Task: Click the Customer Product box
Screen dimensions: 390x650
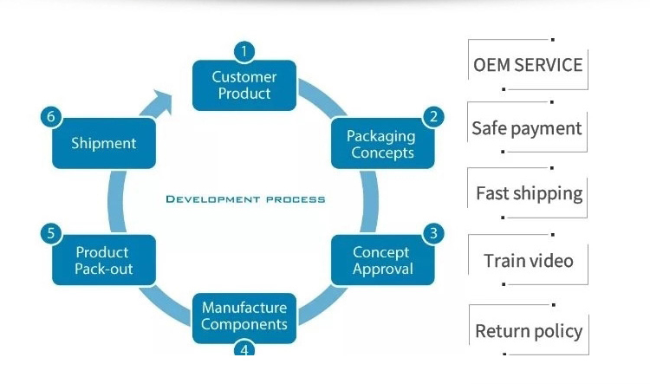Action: click(x=244, y=85)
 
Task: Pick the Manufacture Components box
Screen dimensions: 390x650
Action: click(x=244, y=316)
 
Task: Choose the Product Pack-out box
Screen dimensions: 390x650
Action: click(x=103, y=260)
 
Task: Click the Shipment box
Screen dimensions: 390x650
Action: click(x=103, y=143)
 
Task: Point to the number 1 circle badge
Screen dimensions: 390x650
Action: click(x=244, y=52)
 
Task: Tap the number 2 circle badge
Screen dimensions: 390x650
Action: click(x=432, y=116)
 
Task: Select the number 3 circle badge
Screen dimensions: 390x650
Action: click(x=433, y=233)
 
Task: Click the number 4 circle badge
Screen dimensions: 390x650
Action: click(x=244, y=349)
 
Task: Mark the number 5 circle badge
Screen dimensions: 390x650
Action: click(x=52, y=233)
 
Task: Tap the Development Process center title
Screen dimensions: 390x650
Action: click(x=245, y=199)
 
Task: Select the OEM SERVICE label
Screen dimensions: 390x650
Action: click(x=528, y=65)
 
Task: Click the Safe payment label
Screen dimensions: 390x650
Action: click(x=527, y=128)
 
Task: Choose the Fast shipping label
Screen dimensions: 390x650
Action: click(x=529, y=192)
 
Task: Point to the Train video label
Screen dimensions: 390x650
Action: click(x=529, y=260)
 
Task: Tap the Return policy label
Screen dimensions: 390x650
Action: click(x=529, y=330)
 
